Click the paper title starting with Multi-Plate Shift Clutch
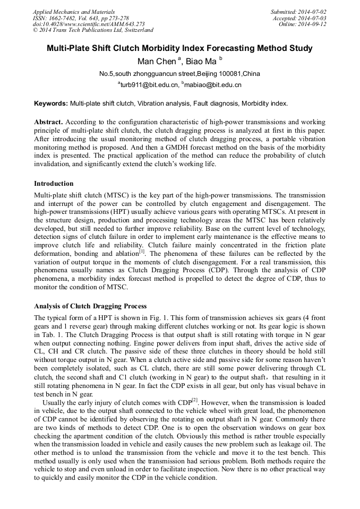179,48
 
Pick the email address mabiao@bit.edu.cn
213,85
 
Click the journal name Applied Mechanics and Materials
74,12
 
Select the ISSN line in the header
77,18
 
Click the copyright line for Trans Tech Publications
93,31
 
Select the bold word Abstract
49,122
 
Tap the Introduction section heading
54,184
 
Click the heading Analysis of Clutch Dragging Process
90,306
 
